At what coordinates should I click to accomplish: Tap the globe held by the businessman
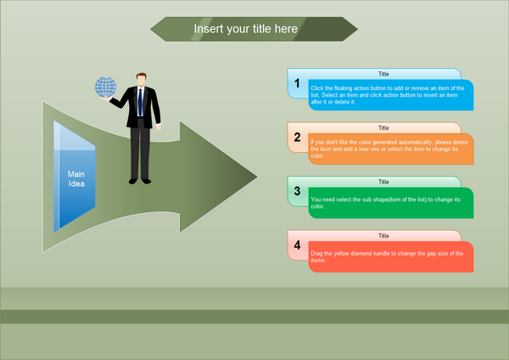(105, 87)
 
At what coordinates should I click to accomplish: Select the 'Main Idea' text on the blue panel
(76, 179)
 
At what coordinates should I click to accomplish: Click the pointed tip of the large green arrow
(254, 177)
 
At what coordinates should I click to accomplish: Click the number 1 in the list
(297, 83)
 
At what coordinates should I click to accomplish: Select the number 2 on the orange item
(297, 137)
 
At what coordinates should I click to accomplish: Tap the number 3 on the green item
(297, 191)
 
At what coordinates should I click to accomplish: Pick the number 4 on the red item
(297, 245)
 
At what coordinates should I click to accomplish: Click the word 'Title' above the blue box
(383, 74)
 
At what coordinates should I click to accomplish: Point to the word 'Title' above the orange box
(383, 127)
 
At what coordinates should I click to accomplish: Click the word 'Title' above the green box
(383, 182)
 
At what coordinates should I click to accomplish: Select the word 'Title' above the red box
(383, 235)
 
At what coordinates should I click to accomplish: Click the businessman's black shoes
(140, 180)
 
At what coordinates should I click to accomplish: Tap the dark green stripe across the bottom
(255, 317)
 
